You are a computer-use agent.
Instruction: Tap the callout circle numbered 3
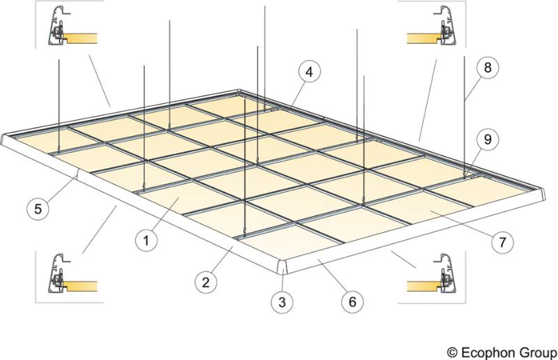(x=281, y=302)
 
